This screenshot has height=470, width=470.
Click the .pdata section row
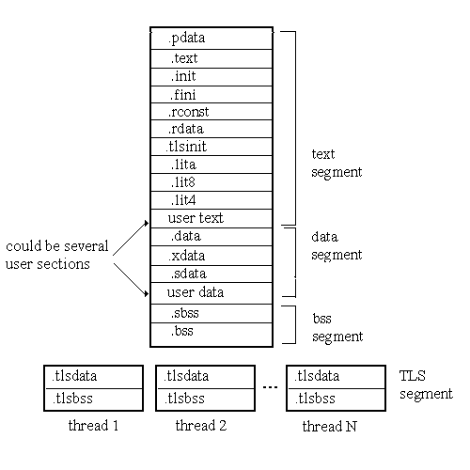tap(211, 39)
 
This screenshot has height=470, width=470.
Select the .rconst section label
tap(188, 112)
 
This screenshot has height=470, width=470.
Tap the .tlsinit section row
tap(211, 147)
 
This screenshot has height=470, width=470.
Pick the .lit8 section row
tap(211, 182)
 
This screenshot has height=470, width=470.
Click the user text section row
tap(211, 218)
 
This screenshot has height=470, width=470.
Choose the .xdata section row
tap(211, 256)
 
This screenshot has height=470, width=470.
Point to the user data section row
tap(211, 293)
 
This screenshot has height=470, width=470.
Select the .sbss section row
tap(211, 313)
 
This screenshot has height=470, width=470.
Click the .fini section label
tap(183, 95)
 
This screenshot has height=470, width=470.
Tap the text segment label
tap(337, 164)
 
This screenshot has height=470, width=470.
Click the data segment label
tap(337, 246)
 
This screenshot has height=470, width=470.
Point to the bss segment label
tap(337, 328)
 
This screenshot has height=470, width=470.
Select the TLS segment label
tap(426, 384)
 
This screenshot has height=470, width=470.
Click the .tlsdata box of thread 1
tap(93, 377)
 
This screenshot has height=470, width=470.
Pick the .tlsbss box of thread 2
tap(205, 399)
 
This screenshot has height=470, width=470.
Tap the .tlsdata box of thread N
tap(336, 377)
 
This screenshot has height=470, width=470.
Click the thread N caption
tap(330, 426)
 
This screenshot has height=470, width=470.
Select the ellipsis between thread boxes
tap(270, 387)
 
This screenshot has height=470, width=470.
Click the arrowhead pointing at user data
tap(146, 293)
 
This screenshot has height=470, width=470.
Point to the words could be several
tap(57, 246)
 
